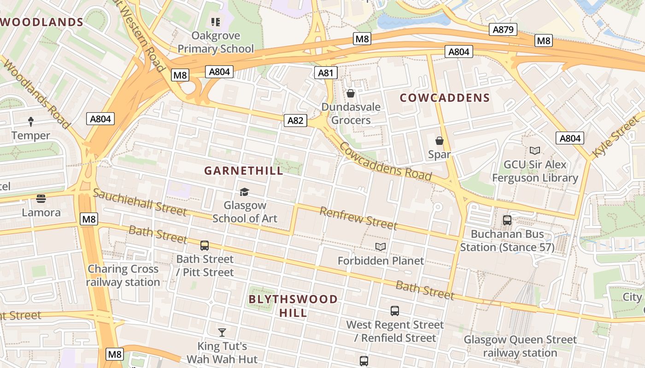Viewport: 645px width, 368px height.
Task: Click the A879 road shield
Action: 503,30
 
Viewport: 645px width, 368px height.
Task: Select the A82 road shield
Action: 295,121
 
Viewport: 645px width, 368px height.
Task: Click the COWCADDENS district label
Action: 445,98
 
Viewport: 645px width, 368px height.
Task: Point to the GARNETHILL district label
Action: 244,171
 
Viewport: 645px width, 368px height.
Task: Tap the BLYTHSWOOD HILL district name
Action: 293,306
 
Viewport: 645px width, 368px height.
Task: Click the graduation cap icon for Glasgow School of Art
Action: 244,192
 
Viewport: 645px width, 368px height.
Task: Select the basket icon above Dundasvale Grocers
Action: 351,94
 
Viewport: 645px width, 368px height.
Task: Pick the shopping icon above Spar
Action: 440,141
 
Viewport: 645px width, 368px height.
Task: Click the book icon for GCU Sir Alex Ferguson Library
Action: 535,151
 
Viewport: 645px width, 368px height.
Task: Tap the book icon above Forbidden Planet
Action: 381,247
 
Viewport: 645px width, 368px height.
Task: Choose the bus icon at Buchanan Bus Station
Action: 507,220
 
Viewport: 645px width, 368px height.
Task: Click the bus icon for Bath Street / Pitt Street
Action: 205,246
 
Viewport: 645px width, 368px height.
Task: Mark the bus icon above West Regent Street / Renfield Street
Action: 395,311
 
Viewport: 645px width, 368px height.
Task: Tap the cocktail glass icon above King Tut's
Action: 222,332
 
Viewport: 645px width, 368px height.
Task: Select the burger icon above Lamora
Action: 41,199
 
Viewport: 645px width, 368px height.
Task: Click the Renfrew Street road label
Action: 358,218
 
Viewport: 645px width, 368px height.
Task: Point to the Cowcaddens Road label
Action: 386,161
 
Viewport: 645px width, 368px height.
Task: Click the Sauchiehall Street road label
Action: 140,202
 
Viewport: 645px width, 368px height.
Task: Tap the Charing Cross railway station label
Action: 123,276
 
